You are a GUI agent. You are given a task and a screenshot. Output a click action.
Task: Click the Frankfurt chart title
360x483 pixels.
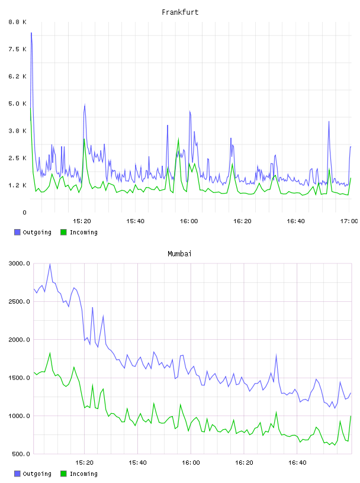tap(180, 12)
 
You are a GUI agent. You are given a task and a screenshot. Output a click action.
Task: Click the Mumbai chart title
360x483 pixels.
tap(179, 253)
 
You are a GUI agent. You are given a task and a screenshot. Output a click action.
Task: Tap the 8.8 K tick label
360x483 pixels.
tap(17, 22)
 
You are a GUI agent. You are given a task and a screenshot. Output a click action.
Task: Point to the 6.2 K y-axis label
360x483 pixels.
tap(17, 76)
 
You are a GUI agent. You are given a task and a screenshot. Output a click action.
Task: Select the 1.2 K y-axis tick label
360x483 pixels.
tap(17, 185)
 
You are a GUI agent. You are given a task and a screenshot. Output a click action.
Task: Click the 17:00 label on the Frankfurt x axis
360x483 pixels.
tap(349, 221)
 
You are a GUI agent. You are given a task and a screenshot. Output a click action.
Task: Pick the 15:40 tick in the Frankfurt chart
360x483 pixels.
tap(136, 221)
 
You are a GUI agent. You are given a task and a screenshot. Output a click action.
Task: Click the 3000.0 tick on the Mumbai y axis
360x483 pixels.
tap(19, 263)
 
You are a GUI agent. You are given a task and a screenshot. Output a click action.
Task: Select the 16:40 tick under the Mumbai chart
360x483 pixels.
tap(297, 463)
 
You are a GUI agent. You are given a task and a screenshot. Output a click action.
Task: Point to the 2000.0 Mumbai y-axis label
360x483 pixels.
tap(19, 340)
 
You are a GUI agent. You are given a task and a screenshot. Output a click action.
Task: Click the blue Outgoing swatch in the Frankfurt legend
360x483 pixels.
tap(17, 232)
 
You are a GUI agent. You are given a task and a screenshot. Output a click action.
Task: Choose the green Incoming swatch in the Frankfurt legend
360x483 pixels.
tap(63, 232)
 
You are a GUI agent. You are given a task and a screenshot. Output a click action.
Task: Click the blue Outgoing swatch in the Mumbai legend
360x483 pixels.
tap(17, 474)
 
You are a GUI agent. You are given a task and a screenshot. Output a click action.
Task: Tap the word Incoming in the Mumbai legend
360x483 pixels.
tap(83, 474)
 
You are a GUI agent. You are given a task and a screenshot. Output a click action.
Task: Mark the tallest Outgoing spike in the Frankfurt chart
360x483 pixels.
tap(31, 33)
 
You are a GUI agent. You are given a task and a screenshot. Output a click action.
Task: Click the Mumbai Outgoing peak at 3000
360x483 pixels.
tap(50, 264)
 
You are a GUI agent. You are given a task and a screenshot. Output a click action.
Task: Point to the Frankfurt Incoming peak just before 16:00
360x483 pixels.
tap(178, 139)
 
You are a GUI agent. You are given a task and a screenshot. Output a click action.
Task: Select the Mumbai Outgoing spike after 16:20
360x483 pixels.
tap(276, 355)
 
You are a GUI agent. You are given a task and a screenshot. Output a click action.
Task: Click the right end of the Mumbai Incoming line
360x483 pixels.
tap(351, 416)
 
